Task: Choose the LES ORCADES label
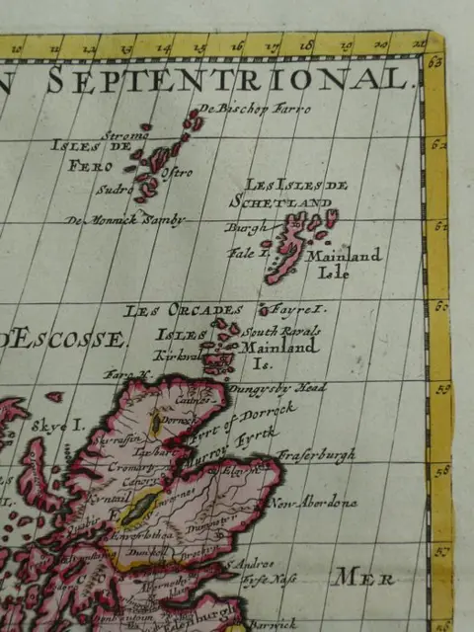pyautogui.click(x=167, y=310)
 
